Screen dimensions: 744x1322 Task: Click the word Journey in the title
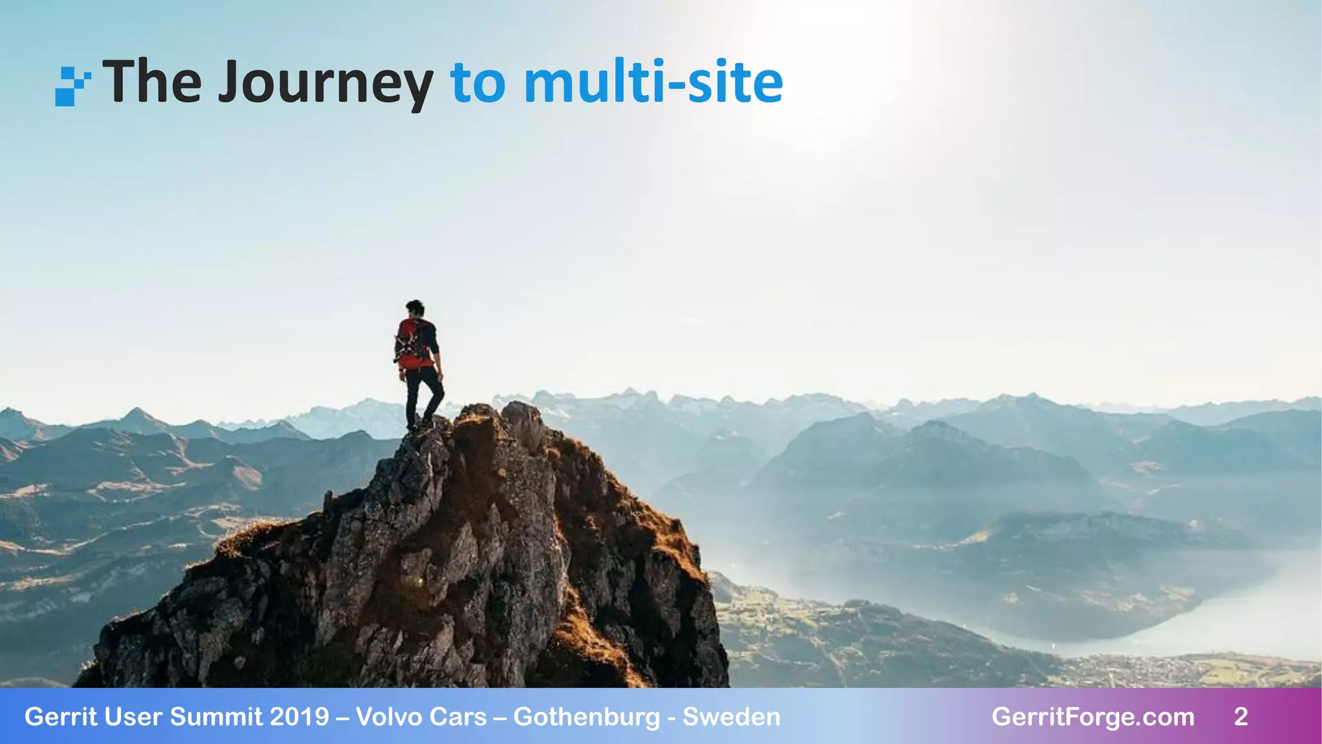(x=325, y=83)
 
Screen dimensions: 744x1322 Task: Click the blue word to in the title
(x=478, y=83)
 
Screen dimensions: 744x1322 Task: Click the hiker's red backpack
(x=411, y=341)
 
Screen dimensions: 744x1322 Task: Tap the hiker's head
(x=415, y=308)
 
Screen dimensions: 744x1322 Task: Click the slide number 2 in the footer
(x=1241, y=717)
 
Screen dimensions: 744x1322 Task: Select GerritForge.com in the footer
(x=1093, y=717)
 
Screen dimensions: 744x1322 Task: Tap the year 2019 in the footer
(x=300, y=717)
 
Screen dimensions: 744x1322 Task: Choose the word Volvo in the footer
(x=389, y=717)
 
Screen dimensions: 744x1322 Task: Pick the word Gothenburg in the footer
(x=587, y=717)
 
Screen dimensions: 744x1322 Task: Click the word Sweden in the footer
(x=731, y=717)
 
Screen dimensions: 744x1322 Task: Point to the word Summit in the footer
(x=217, y=717)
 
